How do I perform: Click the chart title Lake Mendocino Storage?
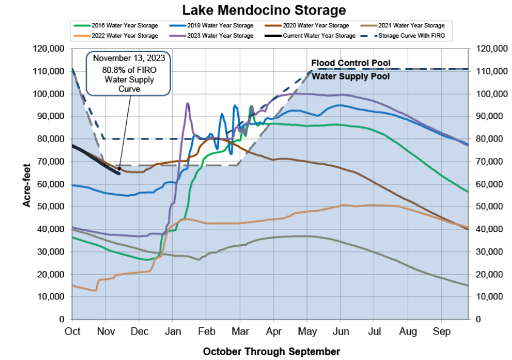pyautogui.click(x=255, y=10)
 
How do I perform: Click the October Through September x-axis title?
pyautogui.click(x=271, y=351)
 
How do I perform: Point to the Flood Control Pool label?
pyautogui.click(x=351, y=63)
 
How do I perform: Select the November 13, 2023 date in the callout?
pyautogui.click(x=128, y=59)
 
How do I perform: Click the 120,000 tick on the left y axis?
pyautogui.click(x=50, y=49)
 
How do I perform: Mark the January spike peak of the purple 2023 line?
pyautogui.click(x=187, y=103)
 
